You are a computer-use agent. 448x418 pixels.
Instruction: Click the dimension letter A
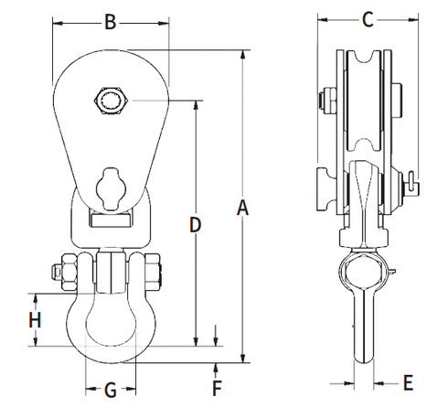pos(242,209)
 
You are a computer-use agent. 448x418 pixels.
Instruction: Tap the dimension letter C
pos(366,18)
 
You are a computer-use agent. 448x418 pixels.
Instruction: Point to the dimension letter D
pos(195,223)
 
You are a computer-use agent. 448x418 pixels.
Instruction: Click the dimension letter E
pos(408,380)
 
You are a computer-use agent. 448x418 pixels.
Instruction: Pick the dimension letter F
pos(216,387)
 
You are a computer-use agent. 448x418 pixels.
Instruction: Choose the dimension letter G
pos(110,391)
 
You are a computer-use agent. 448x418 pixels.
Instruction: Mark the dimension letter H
pos(35,320)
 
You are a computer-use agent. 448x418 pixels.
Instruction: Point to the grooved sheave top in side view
pos(362,64)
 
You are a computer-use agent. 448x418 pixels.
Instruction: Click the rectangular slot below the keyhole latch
pos(110,218)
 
